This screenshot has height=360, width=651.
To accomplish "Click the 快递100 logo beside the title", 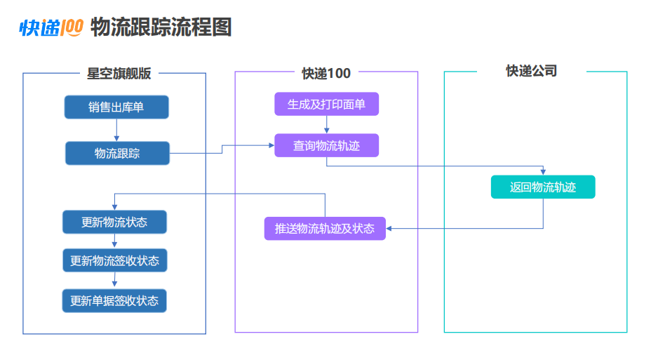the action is [x=51, y=28].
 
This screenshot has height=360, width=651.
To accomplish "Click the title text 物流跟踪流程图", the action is [x=161, y=27].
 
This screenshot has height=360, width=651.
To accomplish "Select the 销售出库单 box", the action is [x=116, y=107].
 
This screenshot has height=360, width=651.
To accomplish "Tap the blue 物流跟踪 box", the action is [x=117, y=153].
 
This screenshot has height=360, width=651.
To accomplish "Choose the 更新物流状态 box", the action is [x=114, y=222].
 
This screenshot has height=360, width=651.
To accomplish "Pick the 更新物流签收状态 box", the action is [x=114, y=260].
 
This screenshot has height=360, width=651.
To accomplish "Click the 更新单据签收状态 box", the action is [x=114, y=300].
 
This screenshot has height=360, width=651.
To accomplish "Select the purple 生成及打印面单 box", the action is [x=326, y=104].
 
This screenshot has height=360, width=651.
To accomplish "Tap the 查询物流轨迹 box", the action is [x=326, y=145].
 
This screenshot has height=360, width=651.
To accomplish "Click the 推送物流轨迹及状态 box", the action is [x=325, y=228].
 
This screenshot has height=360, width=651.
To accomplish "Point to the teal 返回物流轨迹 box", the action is [x=543, y=187].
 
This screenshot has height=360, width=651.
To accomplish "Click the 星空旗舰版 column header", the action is [x=119, y=74].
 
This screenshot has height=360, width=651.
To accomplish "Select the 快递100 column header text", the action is [x=326, y=74].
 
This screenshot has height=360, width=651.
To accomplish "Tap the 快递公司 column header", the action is [x=532, y=71].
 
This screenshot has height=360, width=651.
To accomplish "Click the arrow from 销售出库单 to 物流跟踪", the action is [x=116, y=130].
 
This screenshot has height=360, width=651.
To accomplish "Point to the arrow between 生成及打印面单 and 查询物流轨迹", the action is [x=327, y=125].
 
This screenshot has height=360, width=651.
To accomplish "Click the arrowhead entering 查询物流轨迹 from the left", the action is [x=271, y=145].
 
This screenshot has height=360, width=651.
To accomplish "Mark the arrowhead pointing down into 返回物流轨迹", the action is [x=543, y=172].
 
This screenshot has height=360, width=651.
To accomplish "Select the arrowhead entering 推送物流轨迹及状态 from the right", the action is [x=389, y=228].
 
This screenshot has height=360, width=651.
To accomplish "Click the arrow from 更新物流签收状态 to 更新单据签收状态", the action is [x=114, y=280].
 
